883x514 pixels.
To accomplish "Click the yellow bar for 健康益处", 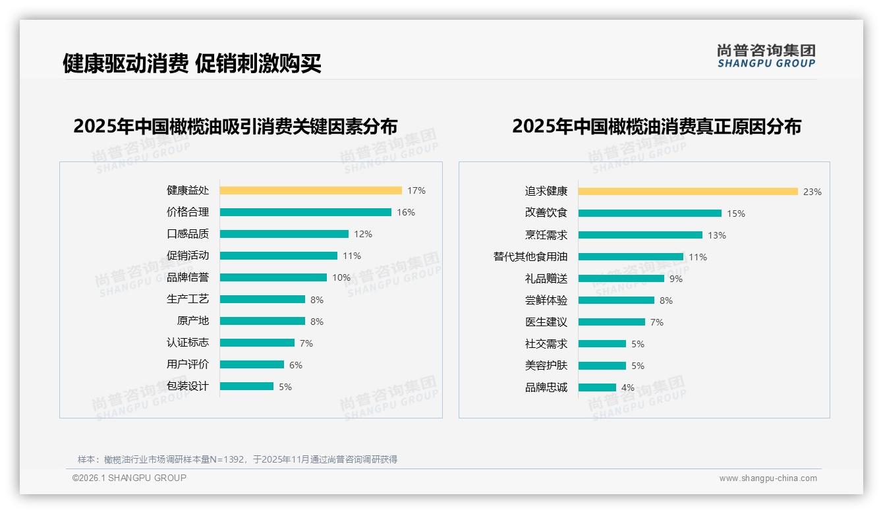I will [310, 190].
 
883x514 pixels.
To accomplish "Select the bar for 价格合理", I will [305, 212].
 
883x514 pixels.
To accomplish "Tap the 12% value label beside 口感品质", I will [362, 234].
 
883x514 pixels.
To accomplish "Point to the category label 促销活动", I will [187, 256].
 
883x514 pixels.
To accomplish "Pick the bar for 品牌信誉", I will [273, 277].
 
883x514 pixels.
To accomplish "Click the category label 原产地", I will [192, 321].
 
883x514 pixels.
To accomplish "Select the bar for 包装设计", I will [246, 386].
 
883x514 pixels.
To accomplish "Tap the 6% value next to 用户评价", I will [295, 365].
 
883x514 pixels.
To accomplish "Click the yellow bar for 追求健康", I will [688, 192].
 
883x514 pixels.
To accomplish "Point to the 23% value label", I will [812, 192].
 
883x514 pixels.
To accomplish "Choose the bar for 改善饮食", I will [650, 214].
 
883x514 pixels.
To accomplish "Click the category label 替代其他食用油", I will [530, 257].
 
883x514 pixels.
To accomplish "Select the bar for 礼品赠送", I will [621, 279].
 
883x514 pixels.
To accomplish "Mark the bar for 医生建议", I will [612, 322].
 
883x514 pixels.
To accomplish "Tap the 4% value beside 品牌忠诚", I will [627, 387].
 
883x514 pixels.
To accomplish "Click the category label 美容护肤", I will [546, 366].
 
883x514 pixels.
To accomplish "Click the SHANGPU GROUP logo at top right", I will [766, 56].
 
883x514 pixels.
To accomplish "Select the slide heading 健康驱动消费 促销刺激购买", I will [192, 63].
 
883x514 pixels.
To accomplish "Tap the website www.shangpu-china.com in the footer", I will [768, 478].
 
